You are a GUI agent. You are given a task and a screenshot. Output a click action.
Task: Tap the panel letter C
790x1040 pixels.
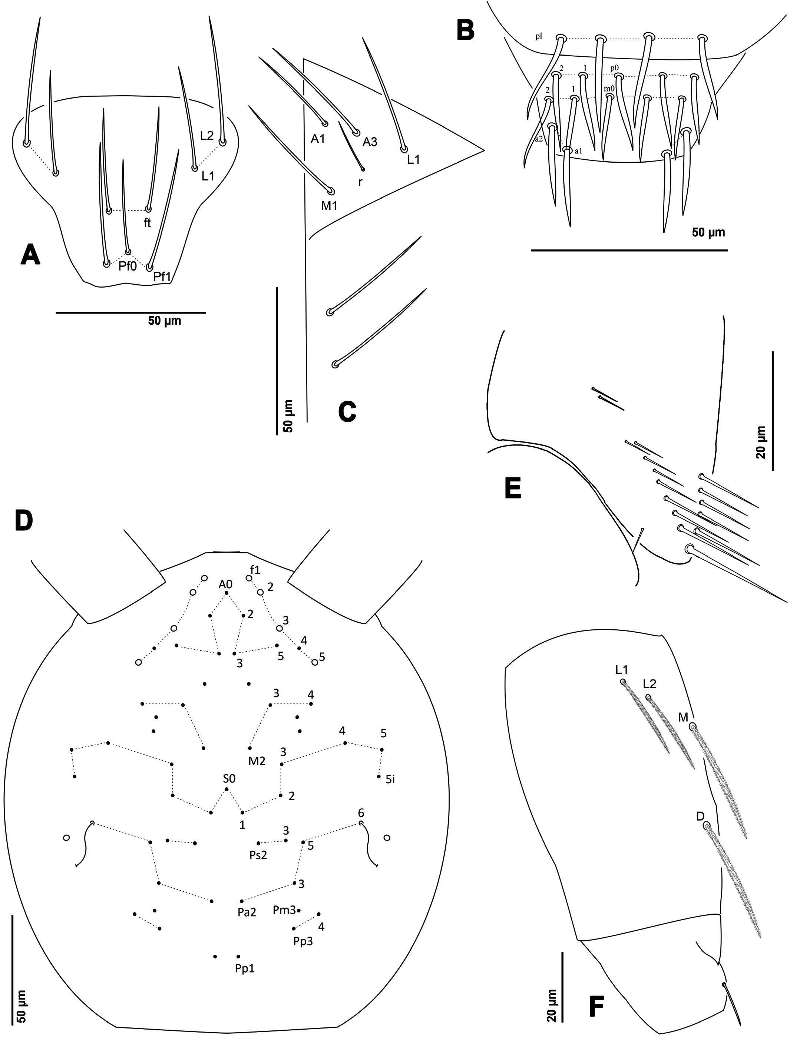tap(347, 412)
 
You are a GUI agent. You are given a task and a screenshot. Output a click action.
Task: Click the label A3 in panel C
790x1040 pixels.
tap(370, 142)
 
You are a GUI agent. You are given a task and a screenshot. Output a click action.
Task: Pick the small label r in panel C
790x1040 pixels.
tap(360, 182)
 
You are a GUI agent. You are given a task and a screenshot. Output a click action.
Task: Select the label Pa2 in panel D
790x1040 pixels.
tap(247, 913)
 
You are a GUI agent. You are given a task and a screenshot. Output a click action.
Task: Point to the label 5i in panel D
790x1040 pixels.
tap(390, 780)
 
